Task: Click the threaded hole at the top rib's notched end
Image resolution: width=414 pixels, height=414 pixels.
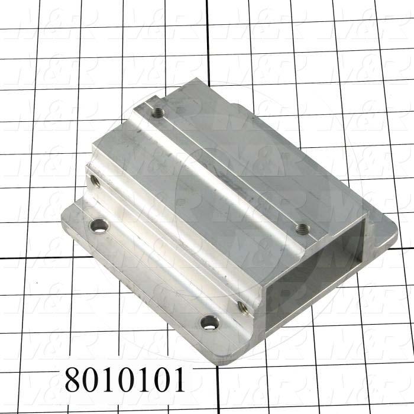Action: [x=157, y=111]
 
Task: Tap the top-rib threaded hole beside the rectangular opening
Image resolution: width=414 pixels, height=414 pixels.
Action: [x=301, y=227]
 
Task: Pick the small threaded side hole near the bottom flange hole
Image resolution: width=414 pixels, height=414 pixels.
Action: [x=242, y=306]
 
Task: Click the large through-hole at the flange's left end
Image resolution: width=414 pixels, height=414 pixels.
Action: [x=96, y=225]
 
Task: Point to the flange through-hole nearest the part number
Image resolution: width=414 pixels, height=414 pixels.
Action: [x=208, y=322]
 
